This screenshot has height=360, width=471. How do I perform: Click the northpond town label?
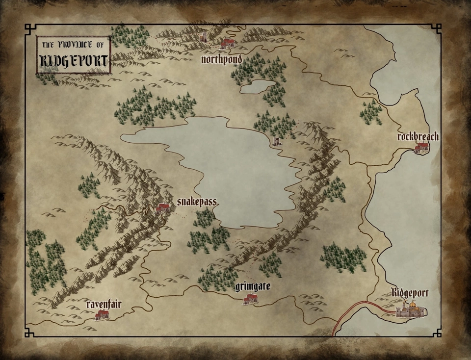click(x=222, y=59)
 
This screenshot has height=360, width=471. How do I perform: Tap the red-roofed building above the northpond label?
click(x=227, y=43)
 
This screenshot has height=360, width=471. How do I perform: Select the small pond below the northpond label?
click(x=257, y=87)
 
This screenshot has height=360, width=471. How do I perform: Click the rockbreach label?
click(x=418, y=137)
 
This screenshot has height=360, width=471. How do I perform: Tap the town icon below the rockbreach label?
click(x=421, y=147)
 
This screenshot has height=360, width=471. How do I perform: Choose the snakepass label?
click(x=196, y=203)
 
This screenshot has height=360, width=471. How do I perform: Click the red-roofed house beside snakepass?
click(x=162, y=208)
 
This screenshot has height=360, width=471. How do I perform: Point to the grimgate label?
click(x=253, y=286)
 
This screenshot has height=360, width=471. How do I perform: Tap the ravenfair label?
click(x=104, y=304)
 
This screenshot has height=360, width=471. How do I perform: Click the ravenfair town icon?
click(x=102, y=315)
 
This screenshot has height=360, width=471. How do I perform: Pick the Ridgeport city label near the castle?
click(x=410, y=293)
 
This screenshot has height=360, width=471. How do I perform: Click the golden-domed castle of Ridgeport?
click(x=412, y=309)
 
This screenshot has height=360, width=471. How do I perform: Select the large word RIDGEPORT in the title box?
click(x=74, y=61)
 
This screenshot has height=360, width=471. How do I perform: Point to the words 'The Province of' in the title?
click(x=74, y=45)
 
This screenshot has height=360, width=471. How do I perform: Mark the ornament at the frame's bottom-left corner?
click(x=29, y=333)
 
